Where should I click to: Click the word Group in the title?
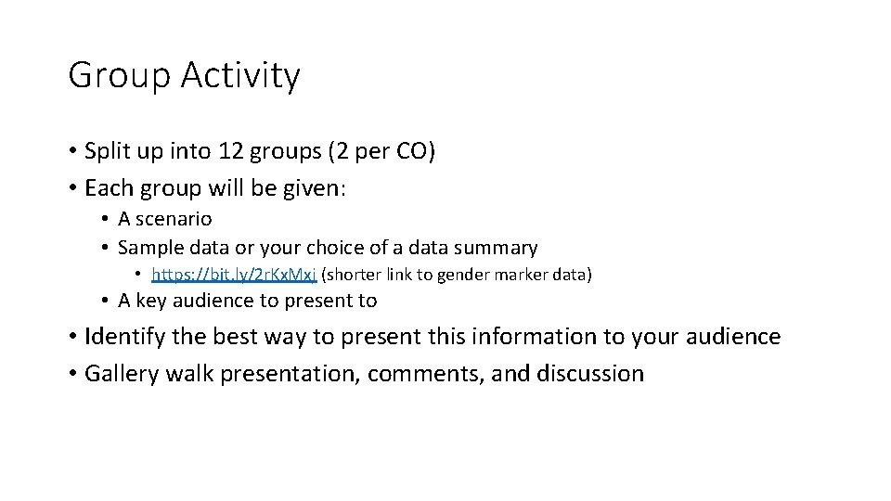(x=118, y=76)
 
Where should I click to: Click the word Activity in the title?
(x=240, y=76)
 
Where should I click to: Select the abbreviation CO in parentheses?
(x=409, y=151)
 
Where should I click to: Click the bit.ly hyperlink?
(x=234, y=275)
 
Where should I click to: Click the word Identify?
(x=123, y=337)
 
